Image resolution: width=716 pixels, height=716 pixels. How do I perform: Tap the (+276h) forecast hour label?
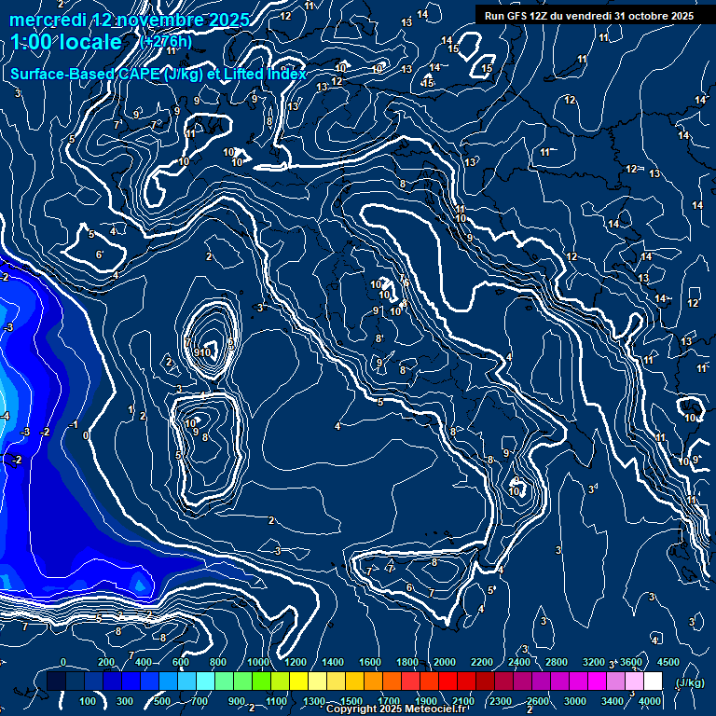[166, 42]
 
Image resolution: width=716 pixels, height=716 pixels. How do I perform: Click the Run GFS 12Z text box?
[588, 15]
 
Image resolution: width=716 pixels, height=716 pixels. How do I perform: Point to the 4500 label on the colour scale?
[668, 662]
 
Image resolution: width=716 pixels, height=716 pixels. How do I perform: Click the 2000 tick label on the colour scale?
[445, 662]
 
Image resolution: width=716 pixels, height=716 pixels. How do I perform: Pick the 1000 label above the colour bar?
[258, 662]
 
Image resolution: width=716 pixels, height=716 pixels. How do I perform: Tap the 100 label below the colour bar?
[88, 701]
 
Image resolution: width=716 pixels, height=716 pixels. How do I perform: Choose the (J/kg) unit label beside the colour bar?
[691, 682]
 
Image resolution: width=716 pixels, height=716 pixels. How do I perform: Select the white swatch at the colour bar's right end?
[653, 682]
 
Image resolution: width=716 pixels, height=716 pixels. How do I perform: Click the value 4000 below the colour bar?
[650, 701]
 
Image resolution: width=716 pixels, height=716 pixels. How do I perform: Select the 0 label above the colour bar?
[63, 662]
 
